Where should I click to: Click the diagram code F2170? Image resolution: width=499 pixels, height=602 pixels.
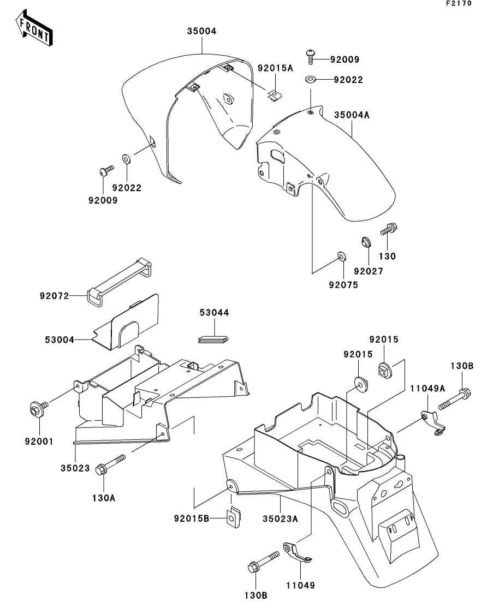point(459,3)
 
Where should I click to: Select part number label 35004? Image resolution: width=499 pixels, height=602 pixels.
point(201,31)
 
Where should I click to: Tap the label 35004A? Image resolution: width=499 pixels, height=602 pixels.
point(352,115)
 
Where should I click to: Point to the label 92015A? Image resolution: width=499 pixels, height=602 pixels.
point(275,68)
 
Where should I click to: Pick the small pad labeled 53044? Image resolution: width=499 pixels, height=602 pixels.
point(213,339)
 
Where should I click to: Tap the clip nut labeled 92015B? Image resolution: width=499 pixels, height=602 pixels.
point(233,518)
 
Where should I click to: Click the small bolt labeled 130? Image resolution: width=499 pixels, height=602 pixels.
point(388,229)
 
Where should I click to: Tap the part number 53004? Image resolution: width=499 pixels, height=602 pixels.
point(60,340)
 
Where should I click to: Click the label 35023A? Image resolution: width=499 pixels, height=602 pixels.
point(281,518)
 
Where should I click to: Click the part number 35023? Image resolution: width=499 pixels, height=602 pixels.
point(75,468)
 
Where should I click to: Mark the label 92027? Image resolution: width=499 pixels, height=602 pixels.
point(369,271)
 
